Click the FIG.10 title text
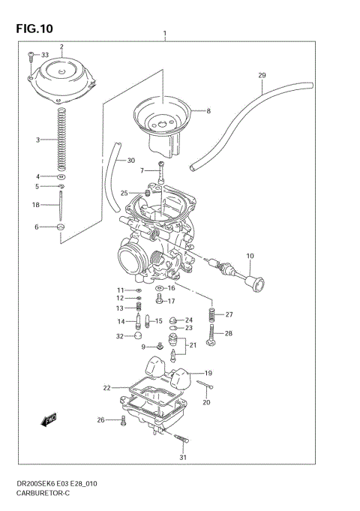pos(33,29)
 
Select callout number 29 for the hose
pos(262,75)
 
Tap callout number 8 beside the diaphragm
pos(208,111)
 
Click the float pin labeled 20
pos(207,386)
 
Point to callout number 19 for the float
pos(208,373)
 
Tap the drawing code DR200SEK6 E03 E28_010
pos(53,484)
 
